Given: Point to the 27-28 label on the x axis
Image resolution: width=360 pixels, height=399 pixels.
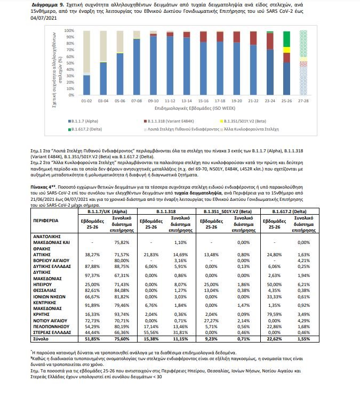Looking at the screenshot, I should point(303,100).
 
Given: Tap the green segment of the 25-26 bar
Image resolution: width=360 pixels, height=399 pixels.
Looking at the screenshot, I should point(286,39).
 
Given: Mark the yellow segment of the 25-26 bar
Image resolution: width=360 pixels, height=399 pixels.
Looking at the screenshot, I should point(286,50).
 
